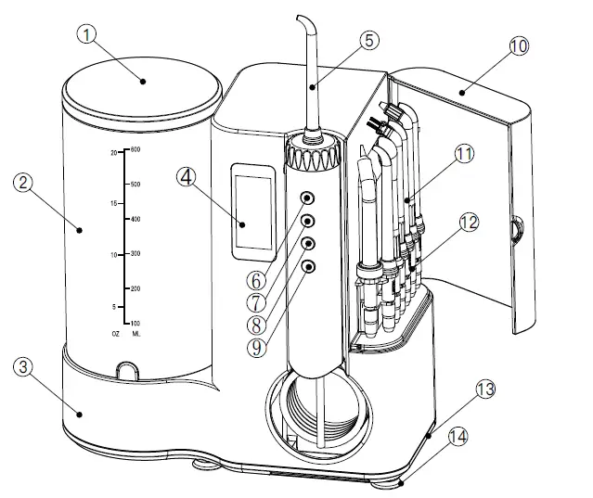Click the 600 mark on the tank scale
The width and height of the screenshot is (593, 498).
[x=135, y=149]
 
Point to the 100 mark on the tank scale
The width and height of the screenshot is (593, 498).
[x=135, y=322]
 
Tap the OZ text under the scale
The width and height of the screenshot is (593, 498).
[x=114, y=333]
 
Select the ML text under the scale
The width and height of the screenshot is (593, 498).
[x=136, y=333]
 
